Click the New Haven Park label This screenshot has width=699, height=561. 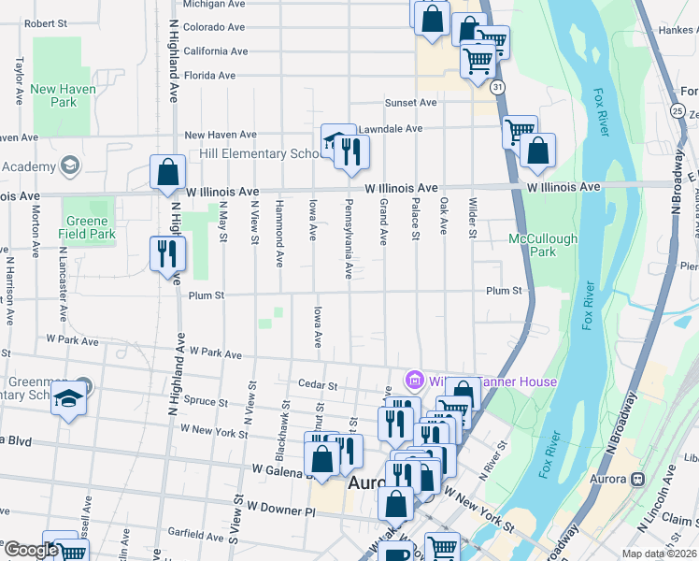[x=53, y=95]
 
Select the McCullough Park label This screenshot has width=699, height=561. [x=543, y=245]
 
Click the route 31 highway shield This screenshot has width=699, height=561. [x=500, y=86]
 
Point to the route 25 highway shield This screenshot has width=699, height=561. [x=676, y=110]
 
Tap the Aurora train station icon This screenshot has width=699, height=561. [x=639, y=478]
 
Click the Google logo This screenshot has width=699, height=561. [x=30, y=551]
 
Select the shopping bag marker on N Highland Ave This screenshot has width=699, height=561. [x=166, y=173]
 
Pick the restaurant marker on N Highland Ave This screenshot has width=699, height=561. [x=168, y=253]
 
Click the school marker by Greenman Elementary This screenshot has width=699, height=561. [x=68, y=400]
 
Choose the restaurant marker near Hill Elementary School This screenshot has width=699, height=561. [x=351, y=152]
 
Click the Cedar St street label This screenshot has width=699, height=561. [x=317, y=384]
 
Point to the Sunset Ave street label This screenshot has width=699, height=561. [x=411, y=103]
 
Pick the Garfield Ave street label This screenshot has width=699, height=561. [x=197, y=535]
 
